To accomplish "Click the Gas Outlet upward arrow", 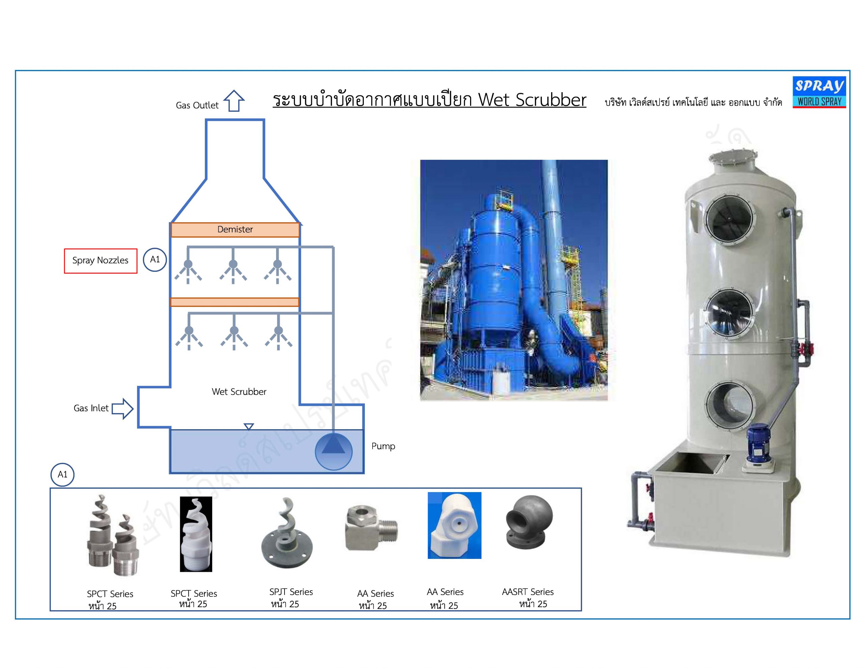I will point(234,101).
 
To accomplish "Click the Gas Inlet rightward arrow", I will point(123,408).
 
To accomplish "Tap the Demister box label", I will point(235,230).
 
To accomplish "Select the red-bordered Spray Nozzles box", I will point(101,261).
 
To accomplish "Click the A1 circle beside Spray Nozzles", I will point(155,260).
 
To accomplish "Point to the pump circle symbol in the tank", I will point(333,452).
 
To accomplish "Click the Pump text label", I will point(383,446).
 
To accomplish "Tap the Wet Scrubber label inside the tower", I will point(239,392).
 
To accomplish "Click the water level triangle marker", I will point(249,427).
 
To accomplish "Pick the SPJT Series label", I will point(291,592).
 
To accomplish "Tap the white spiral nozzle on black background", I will point(196,534).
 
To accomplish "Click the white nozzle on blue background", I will point(454,525).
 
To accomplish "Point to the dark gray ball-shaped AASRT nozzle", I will point(528,522).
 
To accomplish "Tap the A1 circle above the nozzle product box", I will point(62,474).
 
